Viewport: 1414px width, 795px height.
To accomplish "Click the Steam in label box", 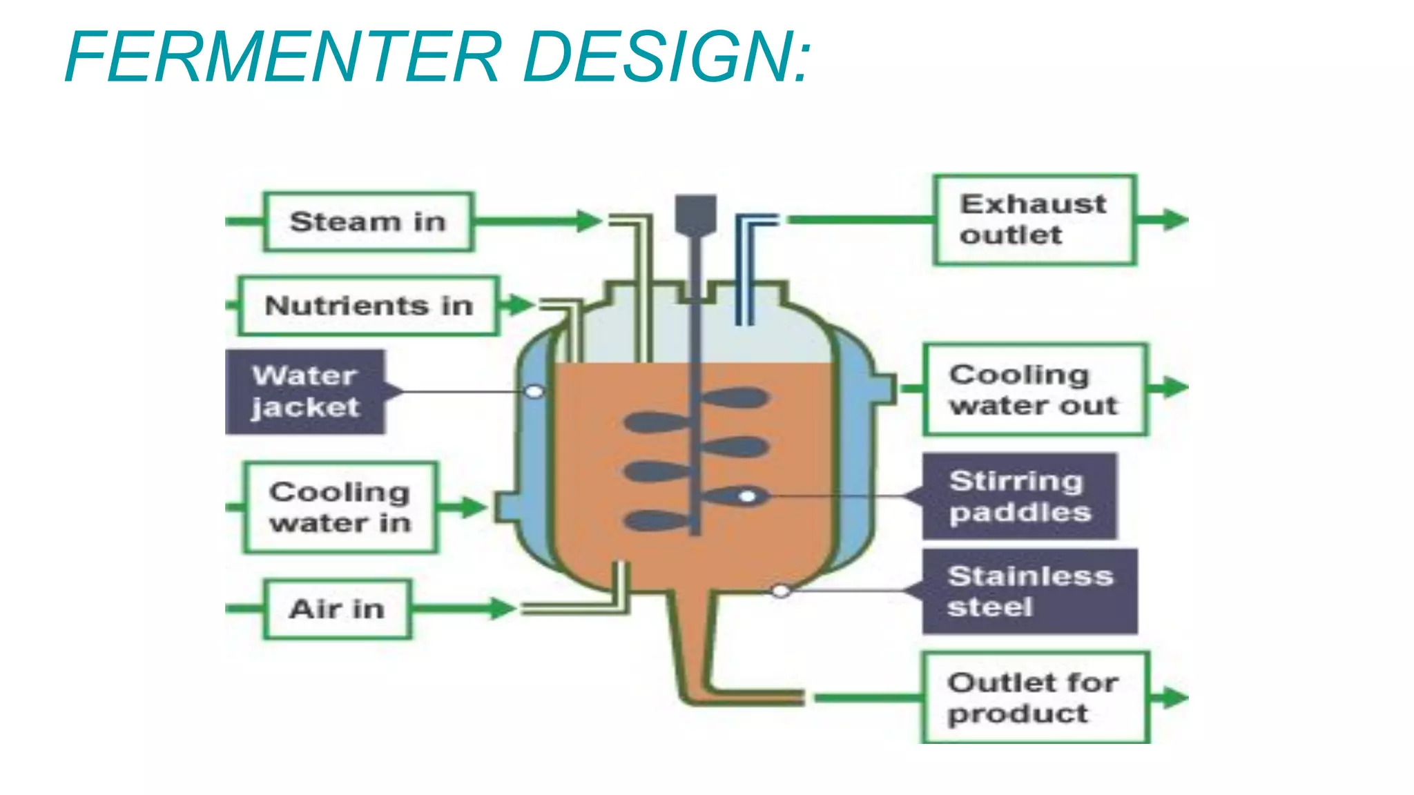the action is click(x=369, y=222).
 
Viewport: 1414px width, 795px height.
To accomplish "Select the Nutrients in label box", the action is click(x=369, y=306).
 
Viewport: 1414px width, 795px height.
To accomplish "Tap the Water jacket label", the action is click(x=305, y=391).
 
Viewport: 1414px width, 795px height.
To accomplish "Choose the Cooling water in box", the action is click(x=340, y=507).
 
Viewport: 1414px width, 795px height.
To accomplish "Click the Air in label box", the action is click(x=337, y=609).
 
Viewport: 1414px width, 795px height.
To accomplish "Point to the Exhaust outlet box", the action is click(x=1035, y=219).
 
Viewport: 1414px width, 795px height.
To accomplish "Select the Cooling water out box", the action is click(x=1035, y=389).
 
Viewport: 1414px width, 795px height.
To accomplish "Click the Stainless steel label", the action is click(x=1029, y=591).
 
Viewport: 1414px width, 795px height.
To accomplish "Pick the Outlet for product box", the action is click(x=1035, y=697).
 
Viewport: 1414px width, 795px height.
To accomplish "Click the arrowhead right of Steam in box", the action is click(x=590, y=221).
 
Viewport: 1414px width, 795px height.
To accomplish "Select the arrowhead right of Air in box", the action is click(x=503, y=608).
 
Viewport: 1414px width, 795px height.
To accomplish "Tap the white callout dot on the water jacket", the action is click(x=534, y=391).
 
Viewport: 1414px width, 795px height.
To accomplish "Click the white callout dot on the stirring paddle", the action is click(x=747, y=496).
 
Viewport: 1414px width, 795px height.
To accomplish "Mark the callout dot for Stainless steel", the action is click(x=781, y=591).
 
